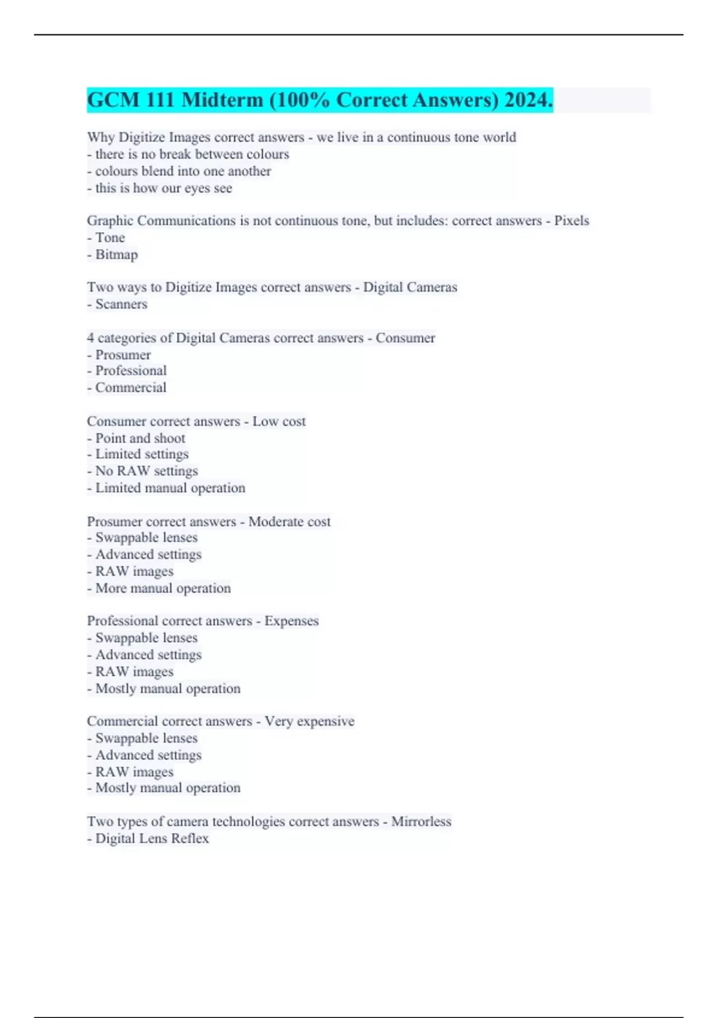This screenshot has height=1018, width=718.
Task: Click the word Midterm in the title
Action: coord(222,100)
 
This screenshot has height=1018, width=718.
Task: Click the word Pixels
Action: coord(571,221)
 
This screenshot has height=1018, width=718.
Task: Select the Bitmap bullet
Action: coord(116,255)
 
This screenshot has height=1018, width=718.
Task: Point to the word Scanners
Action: coord(121,304)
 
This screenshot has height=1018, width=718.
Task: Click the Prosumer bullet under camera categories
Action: coord(123,355)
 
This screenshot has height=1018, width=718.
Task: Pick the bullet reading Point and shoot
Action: coord(140,438)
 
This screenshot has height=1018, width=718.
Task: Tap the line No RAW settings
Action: coord(146,471)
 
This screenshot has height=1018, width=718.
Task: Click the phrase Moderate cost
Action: coord(290,522)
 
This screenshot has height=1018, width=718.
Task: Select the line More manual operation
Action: coord(163,588)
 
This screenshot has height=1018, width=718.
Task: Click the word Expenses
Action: coord(291,621)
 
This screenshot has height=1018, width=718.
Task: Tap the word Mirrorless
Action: coord(421,822)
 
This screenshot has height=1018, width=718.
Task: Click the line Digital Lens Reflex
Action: coord(152,838)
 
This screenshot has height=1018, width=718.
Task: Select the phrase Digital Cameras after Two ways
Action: coord(410,287)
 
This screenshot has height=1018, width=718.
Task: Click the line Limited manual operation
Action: coord(170,488)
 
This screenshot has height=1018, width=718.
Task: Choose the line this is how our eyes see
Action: coord(163,188)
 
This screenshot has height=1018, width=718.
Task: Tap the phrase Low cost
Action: coord(279,422)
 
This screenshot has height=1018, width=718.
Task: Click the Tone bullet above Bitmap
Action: coord(110,238)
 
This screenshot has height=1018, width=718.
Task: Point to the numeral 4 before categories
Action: coord(90,338)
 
